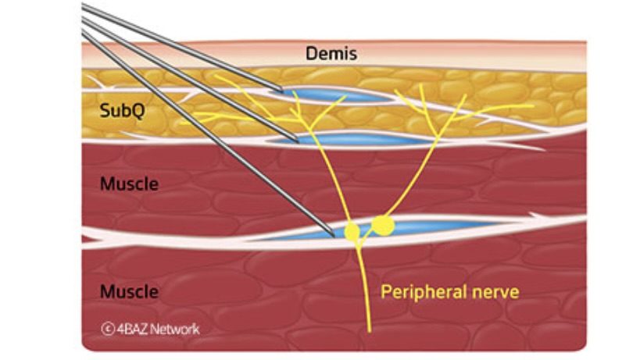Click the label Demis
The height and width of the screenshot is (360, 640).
[x=331, y=54]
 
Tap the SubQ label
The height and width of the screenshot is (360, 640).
[x=122, y=110]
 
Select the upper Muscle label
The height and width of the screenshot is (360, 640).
[x=129, y=184]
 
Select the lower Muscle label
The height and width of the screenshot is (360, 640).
[x=129, y=291]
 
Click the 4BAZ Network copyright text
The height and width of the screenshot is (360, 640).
[x=151, y=329]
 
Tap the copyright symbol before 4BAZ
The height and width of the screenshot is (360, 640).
[x=107, y=329]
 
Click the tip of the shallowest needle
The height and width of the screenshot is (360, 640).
[x=282, y=91]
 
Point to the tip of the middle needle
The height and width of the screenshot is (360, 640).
[x=299, y=141]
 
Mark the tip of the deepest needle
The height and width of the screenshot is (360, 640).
[x=334, y=236]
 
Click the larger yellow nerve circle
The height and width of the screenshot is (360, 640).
[x=383, y=226]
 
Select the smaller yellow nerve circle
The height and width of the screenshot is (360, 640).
[x=352, y=232]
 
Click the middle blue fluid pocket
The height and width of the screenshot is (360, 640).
[x=355, y=140]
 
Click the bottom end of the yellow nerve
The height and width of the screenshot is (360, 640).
[x=370, y=331]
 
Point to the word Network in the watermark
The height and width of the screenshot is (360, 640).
[x=175, y=329]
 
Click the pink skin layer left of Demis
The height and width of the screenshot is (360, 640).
[x=191, y=54]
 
